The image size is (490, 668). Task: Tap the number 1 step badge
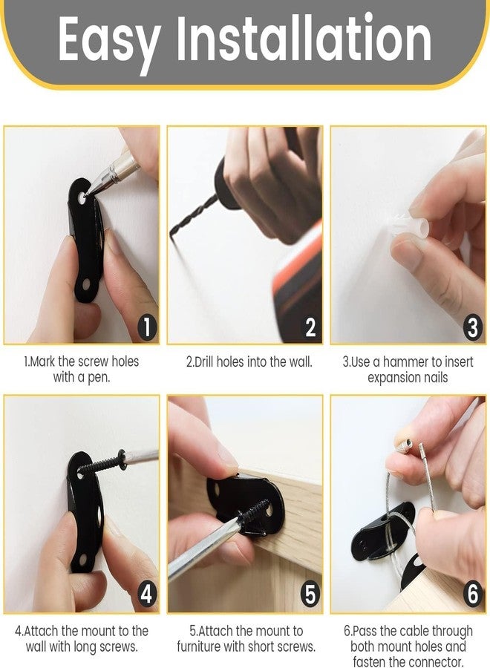point(147,327)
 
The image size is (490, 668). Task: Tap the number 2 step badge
point(310,327)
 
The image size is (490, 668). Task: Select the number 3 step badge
point(473,327)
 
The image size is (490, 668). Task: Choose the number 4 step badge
point(147,595)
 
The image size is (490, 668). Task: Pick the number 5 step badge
point(310,595)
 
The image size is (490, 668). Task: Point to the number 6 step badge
point(473,595)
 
